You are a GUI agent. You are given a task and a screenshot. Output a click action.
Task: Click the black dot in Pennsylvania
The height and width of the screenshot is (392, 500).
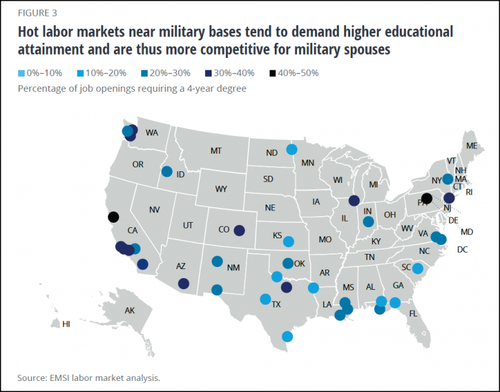(x=427, y=198)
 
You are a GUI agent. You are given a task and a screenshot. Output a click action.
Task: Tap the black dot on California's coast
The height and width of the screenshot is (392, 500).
(x=113, y=217)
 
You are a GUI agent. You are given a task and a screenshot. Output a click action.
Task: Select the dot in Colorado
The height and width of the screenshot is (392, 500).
(x=239, y=230)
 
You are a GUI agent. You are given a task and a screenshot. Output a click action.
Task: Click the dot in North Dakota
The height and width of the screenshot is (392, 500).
(x=292, y=149)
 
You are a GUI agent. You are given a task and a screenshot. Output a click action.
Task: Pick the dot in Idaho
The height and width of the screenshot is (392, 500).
(x=167, y=172)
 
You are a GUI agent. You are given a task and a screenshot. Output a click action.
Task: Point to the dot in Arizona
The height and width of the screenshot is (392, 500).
(x=184, y=283)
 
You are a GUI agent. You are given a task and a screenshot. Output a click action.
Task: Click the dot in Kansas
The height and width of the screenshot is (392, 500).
(x=289, y=241)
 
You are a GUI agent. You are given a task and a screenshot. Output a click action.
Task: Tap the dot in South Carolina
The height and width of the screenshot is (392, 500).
(x=418, y=268)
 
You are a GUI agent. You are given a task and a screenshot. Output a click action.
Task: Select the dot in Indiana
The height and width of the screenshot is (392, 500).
(x=368, y=222)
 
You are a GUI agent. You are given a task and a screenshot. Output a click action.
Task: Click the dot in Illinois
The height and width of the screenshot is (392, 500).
(x=354, y=201)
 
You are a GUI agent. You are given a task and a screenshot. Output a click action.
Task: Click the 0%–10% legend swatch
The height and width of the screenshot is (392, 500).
(x=21, y=73)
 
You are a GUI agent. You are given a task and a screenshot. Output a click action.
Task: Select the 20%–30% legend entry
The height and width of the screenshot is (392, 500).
(x=165, y=73)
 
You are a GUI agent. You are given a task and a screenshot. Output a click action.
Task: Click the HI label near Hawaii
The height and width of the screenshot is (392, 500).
(x=66, y=324)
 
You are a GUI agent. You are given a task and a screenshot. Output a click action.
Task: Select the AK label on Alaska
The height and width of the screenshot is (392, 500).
(x=129, y=311)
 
